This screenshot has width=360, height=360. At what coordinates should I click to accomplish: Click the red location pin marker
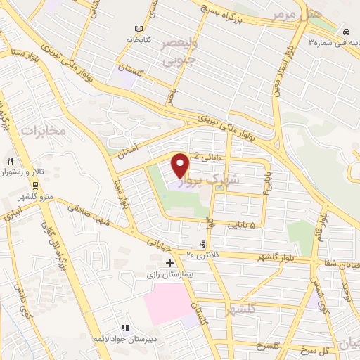(181, 165)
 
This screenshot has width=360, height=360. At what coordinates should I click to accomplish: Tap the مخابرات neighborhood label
(43, 131)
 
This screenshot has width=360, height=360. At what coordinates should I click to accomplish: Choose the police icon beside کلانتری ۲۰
(203, 245)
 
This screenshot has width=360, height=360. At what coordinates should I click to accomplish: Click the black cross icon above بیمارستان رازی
(169, 263)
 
